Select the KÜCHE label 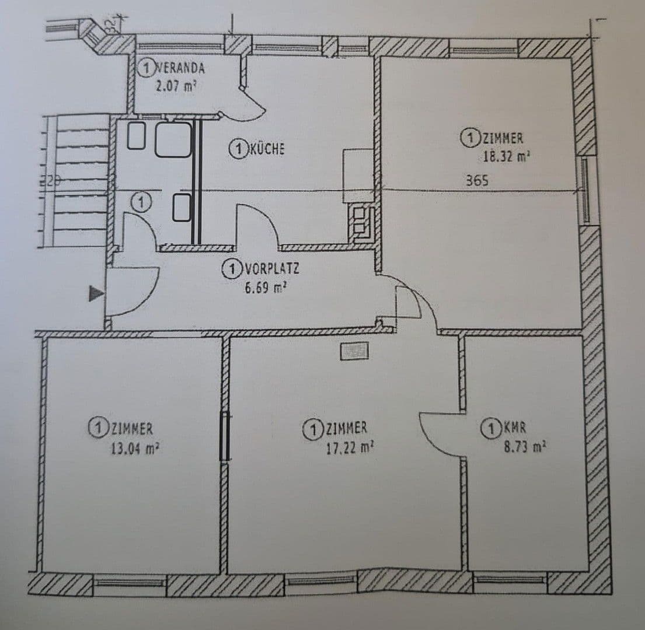(267, 149)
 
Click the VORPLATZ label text (271, 269)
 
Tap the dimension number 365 (477, 181)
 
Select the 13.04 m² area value (135, 449)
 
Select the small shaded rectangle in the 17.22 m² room (354, 351)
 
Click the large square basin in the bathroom (173, 139)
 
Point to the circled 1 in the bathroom (140, 202)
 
